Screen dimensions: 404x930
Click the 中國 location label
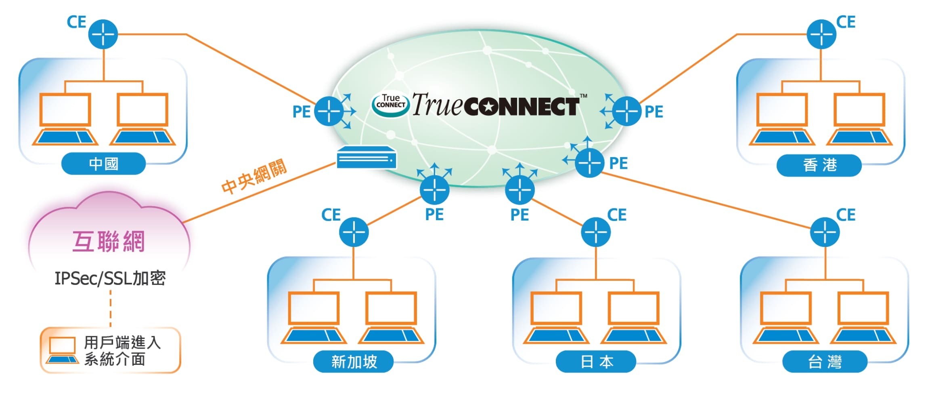[x=103, y=164]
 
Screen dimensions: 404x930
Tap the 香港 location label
[x=819, y=165]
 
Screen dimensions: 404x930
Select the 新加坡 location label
[x=354, y=361]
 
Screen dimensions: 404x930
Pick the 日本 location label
[x=596, y=361]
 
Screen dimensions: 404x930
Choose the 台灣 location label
[x=825, y=361]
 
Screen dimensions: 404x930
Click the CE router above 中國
[x=103, y=34]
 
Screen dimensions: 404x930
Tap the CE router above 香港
[x=821, y=34]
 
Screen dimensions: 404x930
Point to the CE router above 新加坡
[x=354, y=232]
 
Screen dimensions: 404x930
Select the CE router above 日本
[x=595, y=232]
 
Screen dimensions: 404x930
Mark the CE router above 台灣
[x=825, y=232]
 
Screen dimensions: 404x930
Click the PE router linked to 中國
[x=329, y=111]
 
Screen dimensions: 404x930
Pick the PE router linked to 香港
[x=626, y=111]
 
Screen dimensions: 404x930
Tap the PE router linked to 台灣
[x=589, y=162]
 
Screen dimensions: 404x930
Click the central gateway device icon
[x=366, y=158]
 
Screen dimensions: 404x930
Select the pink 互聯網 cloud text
[x=108, y=242]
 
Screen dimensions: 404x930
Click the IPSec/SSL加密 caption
[x=110, y=278]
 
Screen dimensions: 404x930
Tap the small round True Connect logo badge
[x=390, y=104]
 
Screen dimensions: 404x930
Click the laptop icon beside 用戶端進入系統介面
[x=62, y=350]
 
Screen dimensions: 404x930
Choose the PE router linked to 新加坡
[x=434, y=189]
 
